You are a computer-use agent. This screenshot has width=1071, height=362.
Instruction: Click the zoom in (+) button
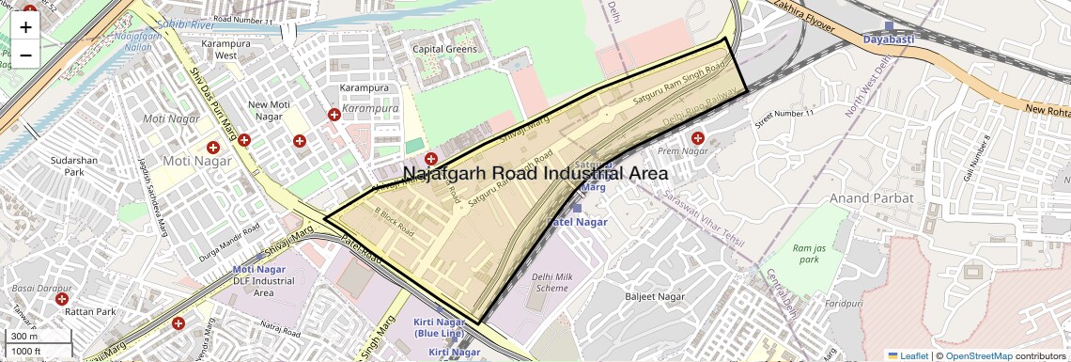(x=25, y=27)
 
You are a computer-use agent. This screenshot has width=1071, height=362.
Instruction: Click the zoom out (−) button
(x=25, y=55)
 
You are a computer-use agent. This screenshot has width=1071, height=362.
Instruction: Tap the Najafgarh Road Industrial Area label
(x=535, y=174)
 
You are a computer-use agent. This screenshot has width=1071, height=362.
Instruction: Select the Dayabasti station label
(x=890, y=39)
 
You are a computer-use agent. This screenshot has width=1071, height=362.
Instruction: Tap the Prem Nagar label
(x=682, y=150)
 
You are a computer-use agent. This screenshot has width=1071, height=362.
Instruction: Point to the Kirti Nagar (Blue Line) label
(x=438, y=328)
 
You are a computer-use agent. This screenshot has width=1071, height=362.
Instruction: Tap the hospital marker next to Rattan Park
(x=62, y=299)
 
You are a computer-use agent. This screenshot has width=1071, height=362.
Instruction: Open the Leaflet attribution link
(x=908, y=355)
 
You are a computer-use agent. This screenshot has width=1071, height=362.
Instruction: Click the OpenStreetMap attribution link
(x=978, y=355)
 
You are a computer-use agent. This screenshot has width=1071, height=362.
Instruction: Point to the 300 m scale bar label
(x=24, y=337)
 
